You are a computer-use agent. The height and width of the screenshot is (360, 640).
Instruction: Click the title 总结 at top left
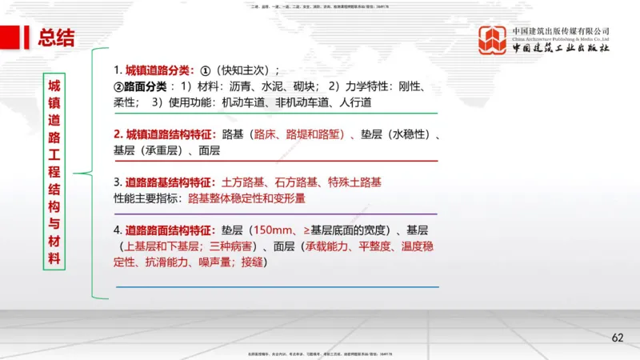(x=57, y=37)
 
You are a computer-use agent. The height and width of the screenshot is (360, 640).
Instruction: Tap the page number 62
(x=617, y=338)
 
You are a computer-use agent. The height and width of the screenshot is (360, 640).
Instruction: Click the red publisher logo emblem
(x=492, y=41)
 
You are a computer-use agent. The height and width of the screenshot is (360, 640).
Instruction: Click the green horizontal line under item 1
(x=276, y=114)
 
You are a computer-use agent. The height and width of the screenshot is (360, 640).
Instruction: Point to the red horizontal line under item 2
(x=276, y=161)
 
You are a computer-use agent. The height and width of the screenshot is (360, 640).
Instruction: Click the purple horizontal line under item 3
(x=276, y=214)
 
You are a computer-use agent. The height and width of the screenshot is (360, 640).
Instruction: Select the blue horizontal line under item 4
(x=276, y=286)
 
